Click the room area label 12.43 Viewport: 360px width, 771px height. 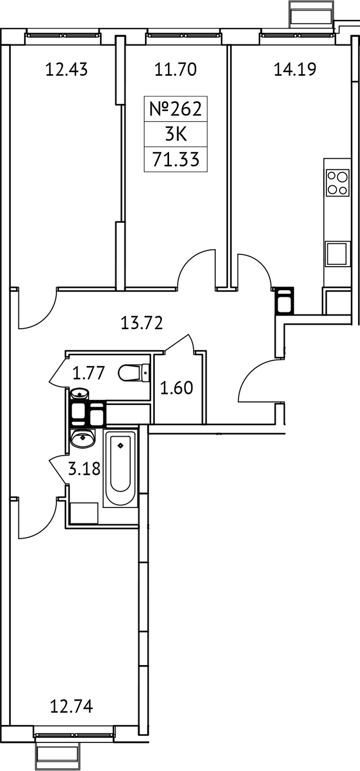pos(66,69)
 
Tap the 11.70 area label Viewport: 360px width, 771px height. pos(175,69)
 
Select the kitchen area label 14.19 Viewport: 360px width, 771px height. pos(295,69)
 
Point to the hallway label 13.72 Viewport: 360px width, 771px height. pos(142,323)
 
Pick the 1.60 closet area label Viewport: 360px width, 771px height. pos(177,389)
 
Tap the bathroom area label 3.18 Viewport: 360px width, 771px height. pos(84,469)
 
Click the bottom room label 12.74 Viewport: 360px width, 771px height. pos(71,706)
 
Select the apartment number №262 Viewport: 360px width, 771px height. pos(175,109)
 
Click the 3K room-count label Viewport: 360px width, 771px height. pos(175,134)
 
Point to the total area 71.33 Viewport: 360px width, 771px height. pos(175,160)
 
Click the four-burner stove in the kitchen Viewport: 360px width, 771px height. pos(338,183)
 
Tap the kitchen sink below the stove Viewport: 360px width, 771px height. pos(338,253)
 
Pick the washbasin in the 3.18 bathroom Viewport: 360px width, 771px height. pos(82,438)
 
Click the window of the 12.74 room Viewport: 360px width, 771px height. pos(75,734)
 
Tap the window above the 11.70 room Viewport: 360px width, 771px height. pos(175,36)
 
